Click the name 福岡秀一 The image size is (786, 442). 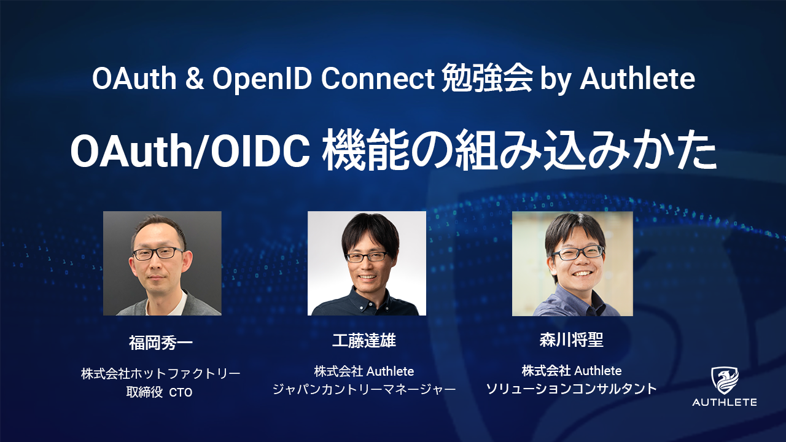coord(161,343)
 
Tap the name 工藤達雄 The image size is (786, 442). coord(364,340)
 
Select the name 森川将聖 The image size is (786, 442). coord(572,340)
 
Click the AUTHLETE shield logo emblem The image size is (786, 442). coord(725,381)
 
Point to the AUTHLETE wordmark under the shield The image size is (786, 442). coord(725,402)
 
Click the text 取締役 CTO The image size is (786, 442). coord(159,392)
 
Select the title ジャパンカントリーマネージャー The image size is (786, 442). coord(364,389)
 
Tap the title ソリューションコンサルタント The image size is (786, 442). coord(572,389)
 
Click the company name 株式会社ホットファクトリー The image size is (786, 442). coord(161,374)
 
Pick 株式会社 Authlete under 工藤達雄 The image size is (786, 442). coord(364,371)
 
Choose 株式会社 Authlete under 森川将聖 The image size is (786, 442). coord(572,370)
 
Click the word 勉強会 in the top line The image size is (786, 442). coord(487,79)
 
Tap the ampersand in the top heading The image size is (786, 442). coord(195,79)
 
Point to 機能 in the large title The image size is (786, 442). coord(366,151)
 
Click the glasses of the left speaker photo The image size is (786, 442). coord(158,254)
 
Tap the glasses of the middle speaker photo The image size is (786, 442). coord(367,257)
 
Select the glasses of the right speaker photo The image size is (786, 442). coord(578,252)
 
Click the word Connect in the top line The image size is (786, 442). coord(378,79)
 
